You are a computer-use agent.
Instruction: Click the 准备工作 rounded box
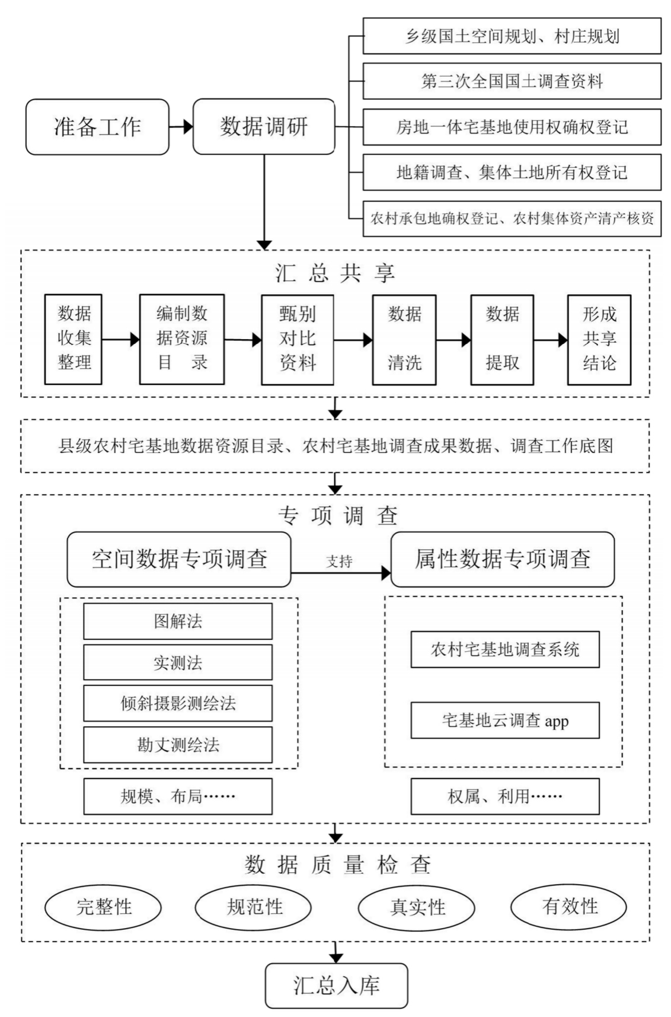97,127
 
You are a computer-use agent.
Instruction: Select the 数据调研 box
264,127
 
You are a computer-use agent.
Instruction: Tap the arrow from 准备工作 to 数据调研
181,126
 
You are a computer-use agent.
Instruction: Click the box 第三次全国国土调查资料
512,81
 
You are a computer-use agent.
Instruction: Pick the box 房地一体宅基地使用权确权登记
512,127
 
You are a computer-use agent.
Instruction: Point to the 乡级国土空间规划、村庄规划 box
512,36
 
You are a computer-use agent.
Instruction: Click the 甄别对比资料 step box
297,339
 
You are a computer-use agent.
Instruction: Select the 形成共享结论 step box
599,339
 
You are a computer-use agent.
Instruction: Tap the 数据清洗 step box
404,339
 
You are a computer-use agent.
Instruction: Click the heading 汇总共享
335,273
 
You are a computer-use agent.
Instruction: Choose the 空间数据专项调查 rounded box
179,559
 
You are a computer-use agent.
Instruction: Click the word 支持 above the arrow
339,561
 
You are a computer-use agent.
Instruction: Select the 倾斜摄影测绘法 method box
178,703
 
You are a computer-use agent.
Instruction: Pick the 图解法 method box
178,621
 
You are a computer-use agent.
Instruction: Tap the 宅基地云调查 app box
505,720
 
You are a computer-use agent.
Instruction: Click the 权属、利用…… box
505,796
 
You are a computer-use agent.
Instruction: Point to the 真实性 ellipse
417,907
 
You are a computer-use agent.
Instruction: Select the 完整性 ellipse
103,907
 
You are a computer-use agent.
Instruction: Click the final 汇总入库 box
336,986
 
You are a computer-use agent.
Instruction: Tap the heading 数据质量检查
337,865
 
